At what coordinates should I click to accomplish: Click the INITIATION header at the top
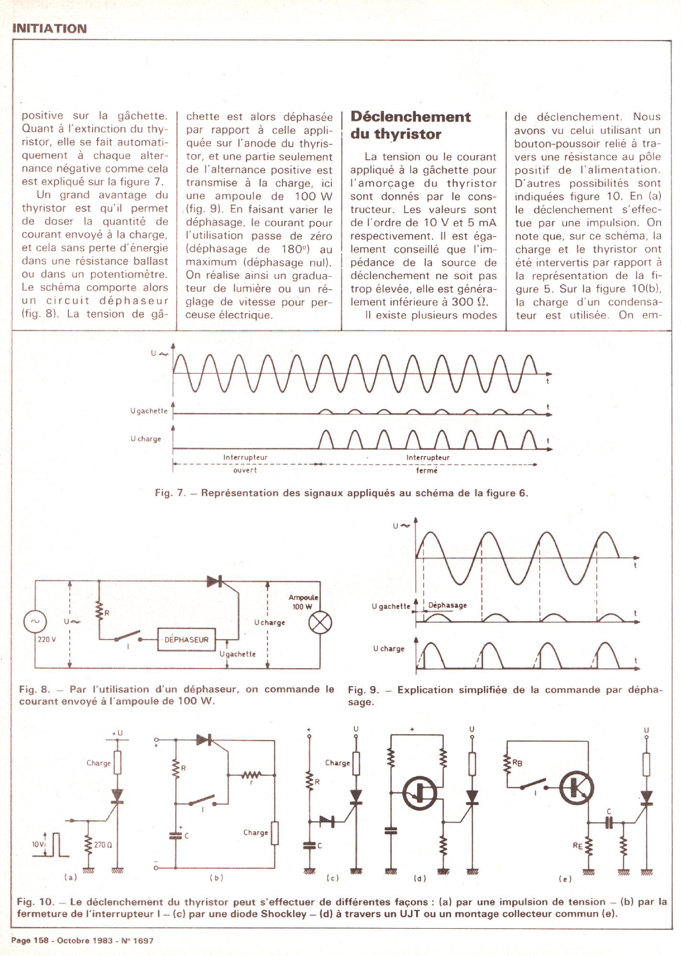tap(49, 29)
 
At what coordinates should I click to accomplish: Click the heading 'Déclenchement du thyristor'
tap(410, 125)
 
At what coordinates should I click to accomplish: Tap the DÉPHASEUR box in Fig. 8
tap(187, 640)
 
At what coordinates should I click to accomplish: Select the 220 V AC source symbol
tap(35, 621)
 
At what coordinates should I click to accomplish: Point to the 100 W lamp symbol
tap(320, 623)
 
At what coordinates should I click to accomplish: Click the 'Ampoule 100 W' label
tap(303, 602)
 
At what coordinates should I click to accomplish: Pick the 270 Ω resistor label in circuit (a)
tap(103, 845)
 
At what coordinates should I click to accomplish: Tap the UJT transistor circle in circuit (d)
tap(418, 793)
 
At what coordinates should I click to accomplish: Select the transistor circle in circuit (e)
tap(577, 789)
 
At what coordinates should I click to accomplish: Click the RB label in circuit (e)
tap(517, 763)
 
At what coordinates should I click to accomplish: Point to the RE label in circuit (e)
tap(578, 846)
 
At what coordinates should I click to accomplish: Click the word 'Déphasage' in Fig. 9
tap(447, 605)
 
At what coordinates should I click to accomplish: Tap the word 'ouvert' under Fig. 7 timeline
tap(245, 470)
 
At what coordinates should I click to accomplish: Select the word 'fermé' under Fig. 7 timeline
tap(427, 471)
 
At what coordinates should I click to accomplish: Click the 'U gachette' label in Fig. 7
tap(149, 411)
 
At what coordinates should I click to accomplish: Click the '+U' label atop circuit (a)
tap(117, 733)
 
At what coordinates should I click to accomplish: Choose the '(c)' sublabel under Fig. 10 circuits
tap(332, 878)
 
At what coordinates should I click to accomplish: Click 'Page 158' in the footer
tap(30, 940)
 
